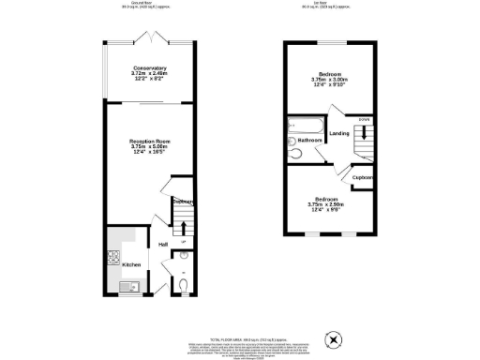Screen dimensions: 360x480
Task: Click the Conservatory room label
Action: click(x=149, y=67)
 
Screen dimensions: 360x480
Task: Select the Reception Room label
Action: click(x=149, y=141)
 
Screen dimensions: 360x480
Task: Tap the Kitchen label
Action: click(x=131, y=265)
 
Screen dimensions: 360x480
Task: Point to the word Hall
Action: click(x=163, y=245)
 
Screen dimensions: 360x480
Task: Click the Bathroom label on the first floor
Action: click(x=310, y=141)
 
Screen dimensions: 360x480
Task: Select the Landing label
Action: click(x=339, y=133)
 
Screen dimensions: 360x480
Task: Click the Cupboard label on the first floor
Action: click(x=362, y=177)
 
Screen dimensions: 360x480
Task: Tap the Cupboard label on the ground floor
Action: click(x=183, y=202)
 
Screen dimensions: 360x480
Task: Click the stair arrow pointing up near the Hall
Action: click(x=183, y=228)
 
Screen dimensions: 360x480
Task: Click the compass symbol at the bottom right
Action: click(x=329, y=338)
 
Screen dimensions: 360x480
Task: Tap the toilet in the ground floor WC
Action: click(x=183, y=283)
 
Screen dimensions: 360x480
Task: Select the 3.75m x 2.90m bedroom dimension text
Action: click(x=326, y=204)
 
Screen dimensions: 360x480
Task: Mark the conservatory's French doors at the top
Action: click(x=149, y=38)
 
